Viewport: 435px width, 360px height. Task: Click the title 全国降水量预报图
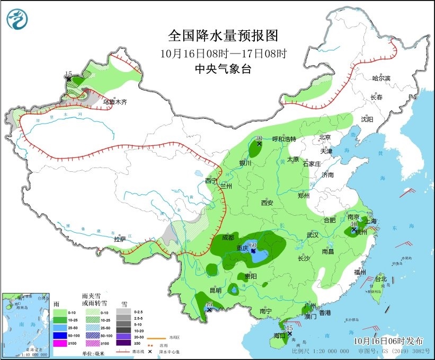coord(223,36)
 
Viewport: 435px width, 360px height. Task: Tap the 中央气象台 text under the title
coord(223,68)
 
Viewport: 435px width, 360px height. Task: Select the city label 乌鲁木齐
coord(115,101)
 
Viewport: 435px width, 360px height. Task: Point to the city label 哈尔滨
coord(380,78)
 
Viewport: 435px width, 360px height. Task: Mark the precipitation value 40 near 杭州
coord(353,224)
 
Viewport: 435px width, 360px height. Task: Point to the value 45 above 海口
coord(289,328)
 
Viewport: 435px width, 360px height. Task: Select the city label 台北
coord(380,279)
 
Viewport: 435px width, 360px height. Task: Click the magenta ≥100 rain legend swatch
coord(59,344)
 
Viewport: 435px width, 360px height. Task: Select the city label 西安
coord(267,203)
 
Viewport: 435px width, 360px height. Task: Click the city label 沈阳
coord(367,119)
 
